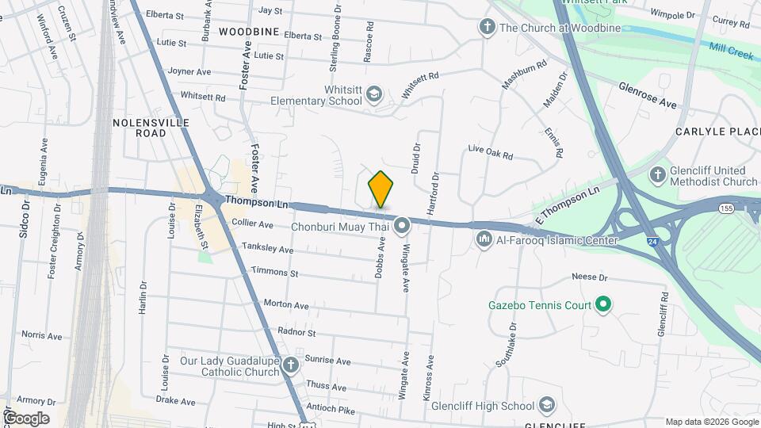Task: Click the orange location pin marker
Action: click(380, 189)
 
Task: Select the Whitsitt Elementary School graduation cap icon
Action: click(374, 96)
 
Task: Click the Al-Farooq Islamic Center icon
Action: click(484, 239)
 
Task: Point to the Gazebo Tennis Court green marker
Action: click(602, 304)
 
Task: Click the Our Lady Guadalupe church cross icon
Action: click(291, 365)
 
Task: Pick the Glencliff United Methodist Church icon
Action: click(656, 175)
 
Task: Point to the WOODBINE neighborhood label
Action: click(249, 32)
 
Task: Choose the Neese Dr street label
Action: click(589, 278)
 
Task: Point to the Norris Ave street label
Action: click(41, 336)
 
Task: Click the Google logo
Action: click(25, 418)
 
